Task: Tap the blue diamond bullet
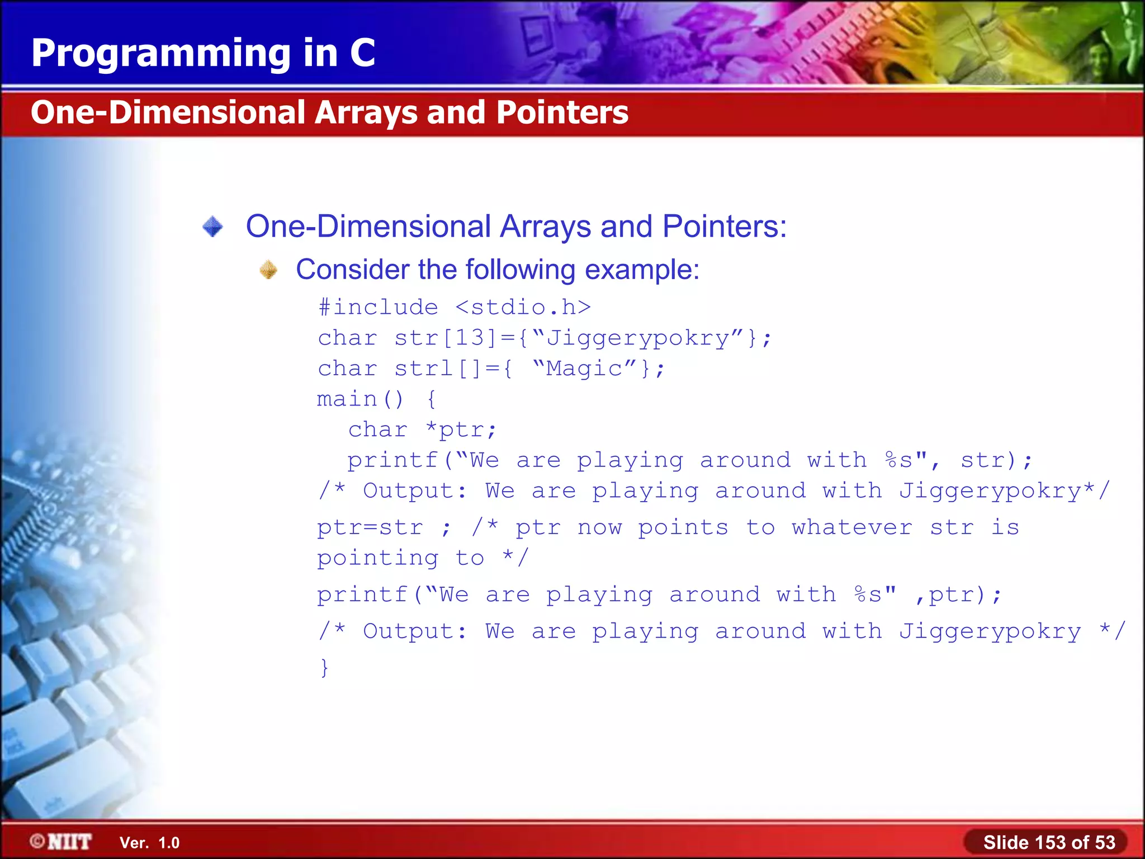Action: (x=212, y=226)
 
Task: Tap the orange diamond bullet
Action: (x=268, y=270)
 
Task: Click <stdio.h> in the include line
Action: (x=523, y=307)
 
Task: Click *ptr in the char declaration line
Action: (x=461, y=429)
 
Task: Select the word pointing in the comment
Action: (x=377, y=558)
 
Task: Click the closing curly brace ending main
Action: (x=324, y=667)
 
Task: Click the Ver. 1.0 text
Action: (x=149, y=843)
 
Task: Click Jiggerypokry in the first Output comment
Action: (x=990, y=491)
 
